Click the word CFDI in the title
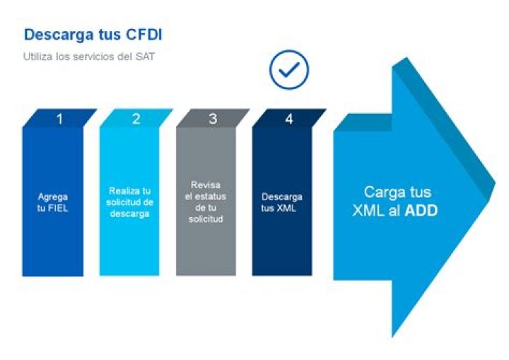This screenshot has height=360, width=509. click(x=144, y=35)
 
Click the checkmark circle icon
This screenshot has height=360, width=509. click(x=289, y=69)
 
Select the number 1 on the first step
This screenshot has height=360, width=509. click(x=59, y=120)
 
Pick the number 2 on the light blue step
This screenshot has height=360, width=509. click(x=136, y=119)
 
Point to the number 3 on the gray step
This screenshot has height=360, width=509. click(x=213, y=119)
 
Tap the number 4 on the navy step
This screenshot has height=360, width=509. click(x=289, y=120)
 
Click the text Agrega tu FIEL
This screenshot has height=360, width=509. click(x=52, y=202)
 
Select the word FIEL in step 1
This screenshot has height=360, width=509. click(x=57, y=208)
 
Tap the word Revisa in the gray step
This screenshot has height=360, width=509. click(x=206, y=185)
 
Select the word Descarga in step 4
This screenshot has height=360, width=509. click(x=282, y=197)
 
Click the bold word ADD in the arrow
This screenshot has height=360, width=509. click(x=421, y=211)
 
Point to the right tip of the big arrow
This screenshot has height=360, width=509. click(x=496, y=184)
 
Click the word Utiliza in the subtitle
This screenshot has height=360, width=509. click(x=38, y=57)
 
